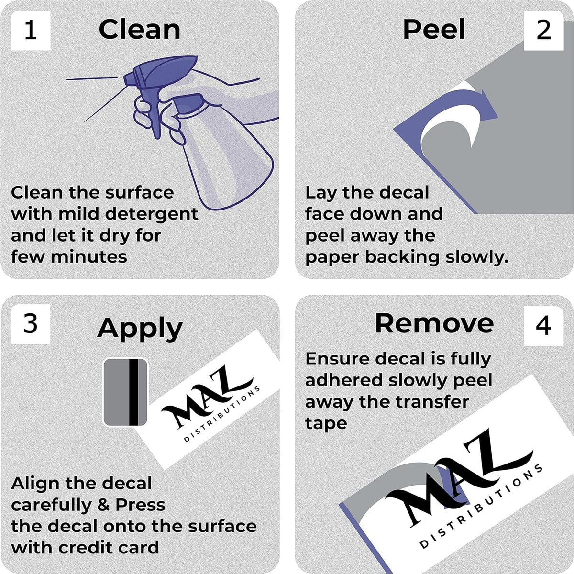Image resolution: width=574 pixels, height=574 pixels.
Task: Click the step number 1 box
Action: [31, 31]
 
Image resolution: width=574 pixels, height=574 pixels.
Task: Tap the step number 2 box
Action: [543, 31]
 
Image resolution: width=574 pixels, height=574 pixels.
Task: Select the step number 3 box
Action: [31, 324]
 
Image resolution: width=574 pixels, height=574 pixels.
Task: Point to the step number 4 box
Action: [543, 326]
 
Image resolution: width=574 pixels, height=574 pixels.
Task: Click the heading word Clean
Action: [139, 30]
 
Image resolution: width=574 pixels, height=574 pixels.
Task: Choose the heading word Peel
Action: [434, 29]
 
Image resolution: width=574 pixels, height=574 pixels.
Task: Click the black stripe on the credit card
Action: [133, 392]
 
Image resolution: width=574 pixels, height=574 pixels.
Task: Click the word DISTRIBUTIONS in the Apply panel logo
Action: [222, 414]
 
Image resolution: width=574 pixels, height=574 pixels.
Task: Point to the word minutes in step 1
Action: [89, 257]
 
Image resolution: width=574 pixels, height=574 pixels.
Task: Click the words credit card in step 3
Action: [109, 548]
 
